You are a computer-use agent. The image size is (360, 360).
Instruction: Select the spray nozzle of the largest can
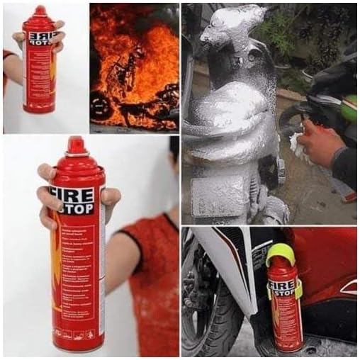(76, 145)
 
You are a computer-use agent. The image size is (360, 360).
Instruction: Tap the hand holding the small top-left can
(18, 39)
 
